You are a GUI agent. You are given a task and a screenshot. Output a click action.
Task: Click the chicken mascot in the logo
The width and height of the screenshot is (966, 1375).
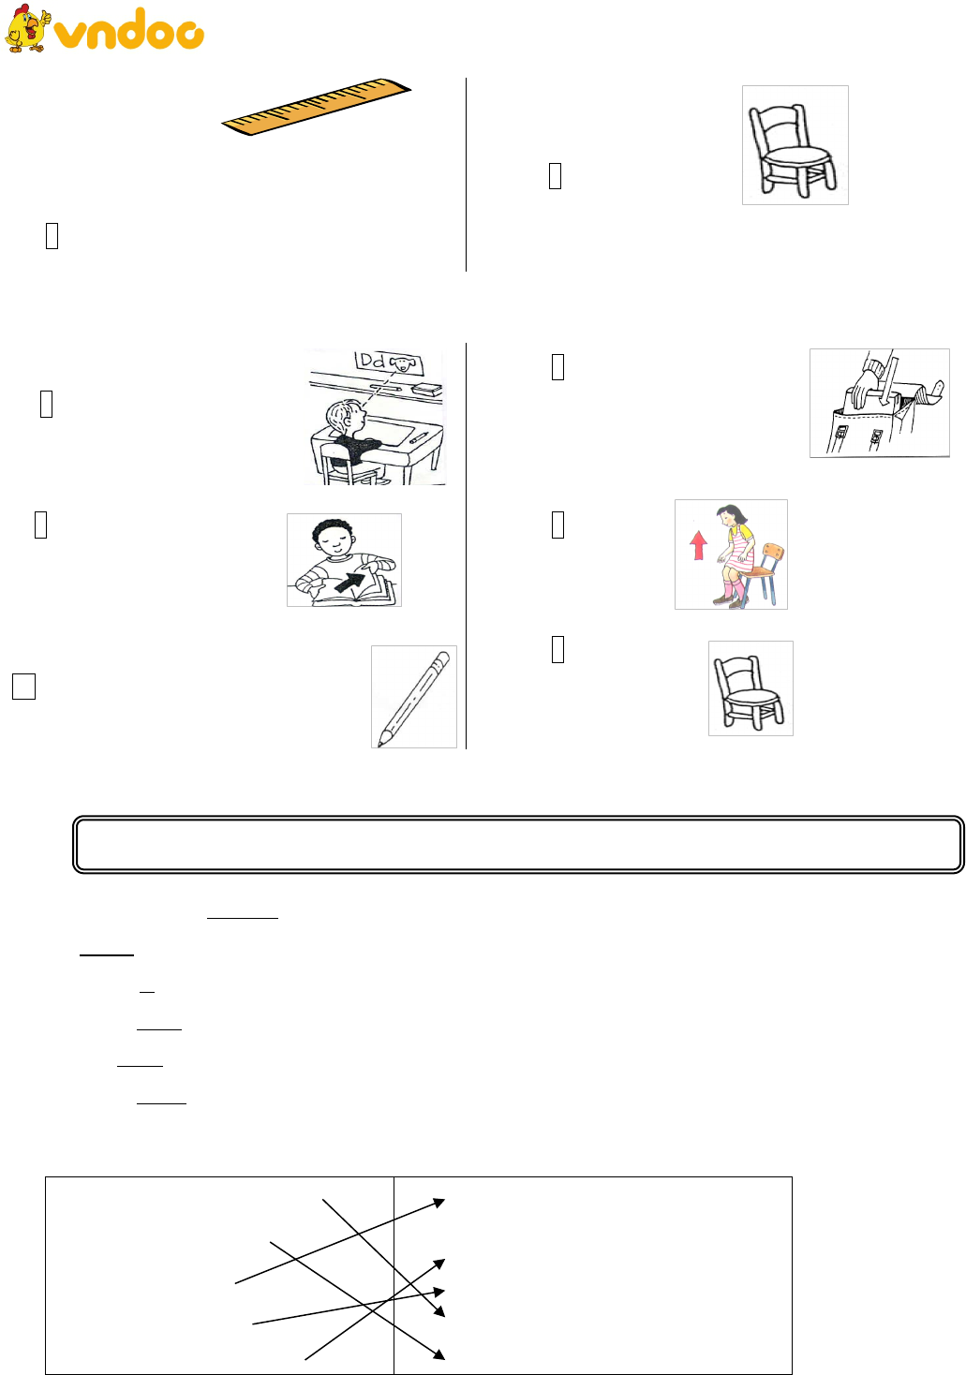click(26, 28)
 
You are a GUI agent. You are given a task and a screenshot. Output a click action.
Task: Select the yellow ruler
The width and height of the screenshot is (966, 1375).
click(316, 106)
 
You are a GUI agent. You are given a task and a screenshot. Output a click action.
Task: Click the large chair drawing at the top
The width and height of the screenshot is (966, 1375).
click(792, 149)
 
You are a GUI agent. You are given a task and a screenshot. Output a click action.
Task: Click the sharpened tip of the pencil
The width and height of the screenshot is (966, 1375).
click(380, 744)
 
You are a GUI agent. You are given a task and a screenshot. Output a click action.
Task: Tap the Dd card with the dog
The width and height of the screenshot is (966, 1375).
click(388, 362)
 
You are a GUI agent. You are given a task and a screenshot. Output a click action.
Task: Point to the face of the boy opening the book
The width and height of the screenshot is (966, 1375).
click(334, 539)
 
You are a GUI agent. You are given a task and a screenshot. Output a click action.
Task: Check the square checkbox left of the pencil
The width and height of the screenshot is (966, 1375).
click(24, 687)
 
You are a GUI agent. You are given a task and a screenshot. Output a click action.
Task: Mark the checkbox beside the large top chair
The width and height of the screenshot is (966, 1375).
click(555, 175)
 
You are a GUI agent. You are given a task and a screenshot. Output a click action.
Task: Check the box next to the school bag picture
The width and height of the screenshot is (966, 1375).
click(557, 367)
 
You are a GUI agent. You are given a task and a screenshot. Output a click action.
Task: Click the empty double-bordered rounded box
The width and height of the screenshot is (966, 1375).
click(518, 844)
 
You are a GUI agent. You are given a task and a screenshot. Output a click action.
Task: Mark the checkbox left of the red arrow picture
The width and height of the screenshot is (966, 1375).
click(557, 525)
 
